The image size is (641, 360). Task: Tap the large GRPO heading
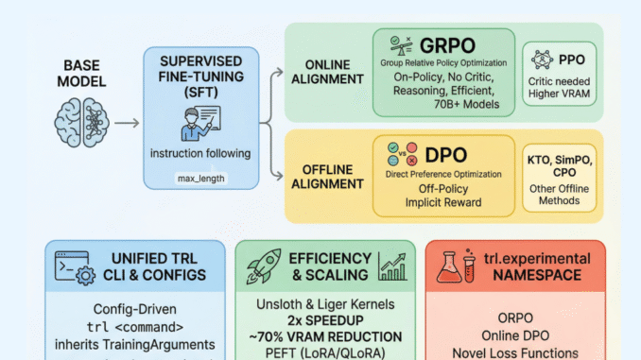[x=448, y=46]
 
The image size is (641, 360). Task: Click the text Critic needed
[x=571, y=80]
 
